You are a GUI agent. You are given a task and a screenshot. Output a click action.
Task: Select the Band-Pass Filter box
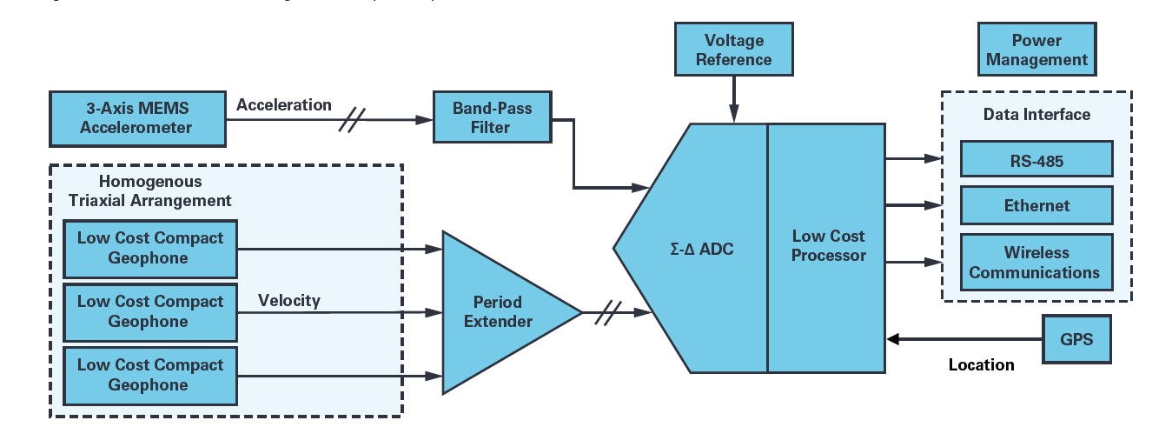[x=492, y=117]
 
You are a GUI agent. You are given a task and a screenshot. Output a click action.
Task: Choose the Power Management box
[x=1036, y=50]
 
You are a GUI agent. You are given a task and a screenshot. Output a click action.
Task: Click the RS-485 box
[x=1036, y=160]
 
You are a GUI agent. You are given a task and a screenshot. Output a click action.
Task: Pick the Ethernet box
[x=1036, y=206]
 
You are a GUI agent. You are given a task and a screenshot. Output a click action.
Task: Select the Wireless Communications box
[x=1036, y=262]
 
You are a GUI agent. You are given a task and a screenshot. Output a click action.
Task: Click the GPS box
[x=1076, y=340]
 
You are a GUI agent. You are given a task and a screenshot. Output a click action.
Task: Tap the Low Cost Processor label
[x=829, y=246]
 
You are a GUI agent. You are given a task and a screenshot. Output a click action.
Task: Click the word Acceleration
[x=283, y=105]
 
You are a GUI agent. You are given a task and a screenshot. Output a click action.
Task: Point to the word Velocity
[x=288, y=301]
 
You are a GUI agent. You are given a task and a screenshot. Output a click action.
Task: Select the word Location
[x=981, y=365]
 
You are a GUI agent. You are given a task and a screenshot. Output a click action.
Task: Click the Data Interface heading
[x=1036, y=115]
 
